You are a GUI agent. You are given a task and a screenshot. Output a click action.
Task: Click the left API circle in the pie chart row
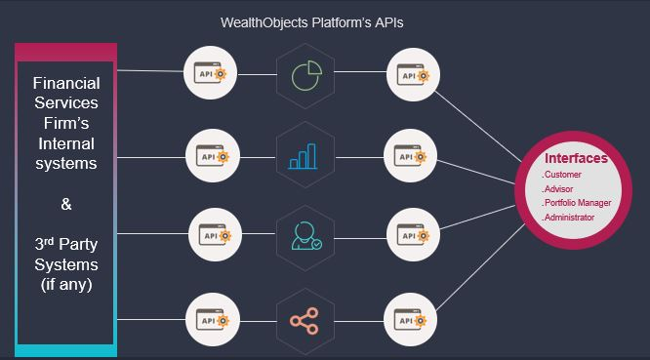tap(212, 73)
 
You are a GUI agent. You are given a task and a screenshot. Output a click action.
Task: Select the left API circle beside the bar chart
tap(212, 154)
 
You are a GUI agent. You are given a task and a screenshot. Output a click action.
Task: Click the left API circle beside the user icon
tap(212, 235)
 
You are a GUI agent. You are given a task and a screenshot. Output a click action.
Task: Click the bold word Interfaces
tap(576, 158)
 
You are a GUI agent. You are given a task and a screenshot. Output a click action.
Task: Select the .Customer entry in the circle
tap(563, 174)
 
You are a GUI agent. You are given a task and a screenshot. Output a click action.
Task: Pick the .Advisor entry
tap(560, 188)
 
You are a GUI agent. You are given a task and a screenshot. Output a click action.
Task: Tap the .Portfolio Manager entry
tap(577, 203)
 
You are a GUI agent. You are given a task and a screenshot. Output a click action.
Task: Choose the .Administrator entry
tap(568, 218)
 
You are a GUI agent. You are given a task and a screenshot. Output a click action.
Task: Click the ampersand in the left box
tap(65, 206)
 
